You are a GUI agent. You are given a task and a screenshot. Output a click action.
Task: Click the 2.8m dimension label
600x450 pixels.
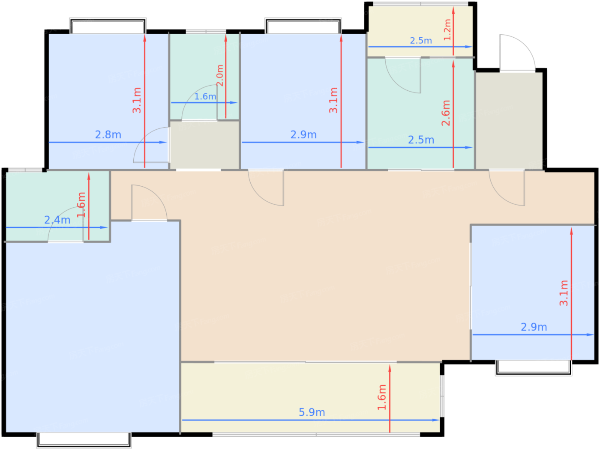(108, 134)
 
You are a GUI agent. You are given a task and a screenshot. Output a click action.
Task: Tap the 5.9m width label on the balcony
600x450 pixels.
(312, 412)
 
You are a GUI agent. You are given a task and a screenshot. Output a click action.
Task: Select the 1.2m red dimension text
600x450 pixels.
(447, 30)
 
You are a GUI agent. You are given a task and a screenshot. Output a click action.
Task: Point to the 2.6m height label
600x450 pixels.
(446, 113)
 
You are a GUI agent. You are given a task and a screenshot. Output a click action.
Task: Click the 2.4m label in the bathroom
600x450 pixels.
(57, 220)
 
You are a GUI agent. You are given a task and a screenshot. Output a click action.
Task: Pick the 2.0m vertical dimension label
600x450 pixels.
(220, 75)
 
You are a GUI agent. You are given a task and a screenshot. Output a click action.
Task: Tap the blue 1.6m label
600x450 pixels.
(205, 96)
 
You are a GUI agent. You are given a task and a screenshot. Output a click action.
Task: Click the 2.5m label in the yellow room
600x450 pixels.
(421, 41)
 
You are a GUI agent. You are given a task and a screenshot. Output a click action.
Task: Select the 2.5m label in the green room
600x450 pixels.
(421, 140)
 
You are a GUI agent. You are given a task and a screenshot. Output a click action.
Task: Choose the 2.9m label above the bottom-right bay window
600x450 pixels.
(534, 327)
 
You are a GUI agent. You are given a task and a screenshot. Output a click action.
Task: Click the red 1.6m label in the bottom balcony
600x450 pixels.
(381, 397)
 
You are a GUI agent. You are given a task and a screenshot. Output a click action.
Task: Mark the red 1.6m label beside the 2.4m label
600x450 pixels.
(81, 205)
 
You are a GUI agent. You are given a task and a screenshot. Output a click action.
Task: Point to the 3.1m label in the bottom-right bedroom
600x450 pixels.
(564, 293)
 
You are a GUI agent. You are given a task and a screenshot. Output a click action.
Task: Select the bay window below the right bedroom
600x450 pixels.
(534, 368)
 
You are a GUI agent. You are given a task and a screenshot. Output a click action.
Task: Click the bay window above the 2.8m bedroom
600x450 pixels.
(108, 26)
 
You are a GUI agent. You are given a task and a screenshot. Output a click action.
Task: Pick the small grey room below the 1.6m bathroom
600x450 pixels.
(205, 145)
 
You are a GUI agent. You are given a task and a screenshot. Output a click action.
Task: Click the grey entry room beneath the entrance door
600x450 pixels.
(509, 120)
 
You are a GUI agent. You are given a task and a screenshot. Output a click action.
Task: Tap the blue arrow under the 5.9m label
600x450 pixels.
(311, 420)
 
